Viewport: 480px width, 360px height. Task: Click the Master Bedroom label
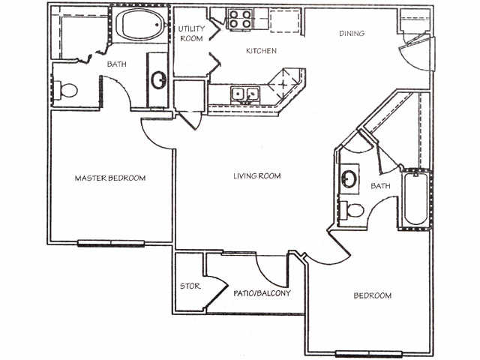click(x=110, y=178)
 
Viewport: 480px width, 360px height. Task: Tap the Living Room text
click(x=256, y=176)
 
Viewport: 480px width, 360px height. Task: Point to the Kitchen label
click(x=262, y=51)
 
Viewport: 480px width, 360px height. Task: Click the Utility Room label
click(x=191, y=34)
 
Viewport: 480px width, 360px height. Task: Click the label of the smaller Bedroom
click(x=373, y=295)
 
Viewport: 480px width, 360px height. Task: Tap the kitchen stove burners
click(x=239, y=19)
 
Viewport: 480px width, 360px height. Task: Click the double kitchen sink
click(x=244, y=94)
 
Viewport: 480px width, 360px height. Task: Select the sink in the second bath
click(x=349, y=178)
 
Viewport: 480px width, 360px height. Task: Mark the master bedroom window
click(x=112, y=241)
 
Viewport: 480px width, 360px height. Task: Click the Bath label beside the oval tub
click(x=116, y=64)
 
